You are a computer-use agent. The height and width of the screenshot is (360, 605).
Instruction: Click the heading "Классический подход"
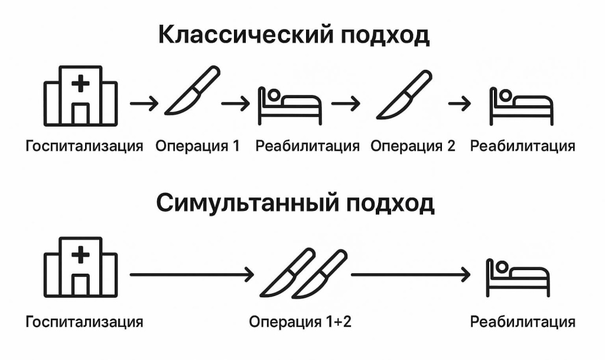click(294, 35)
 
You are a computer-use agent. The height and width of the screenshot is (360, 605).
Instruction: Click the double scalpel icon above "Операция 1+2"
click(303, 273)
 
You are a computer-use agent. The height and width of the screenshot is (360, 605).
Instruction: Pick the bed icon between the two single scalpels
click(290, 106)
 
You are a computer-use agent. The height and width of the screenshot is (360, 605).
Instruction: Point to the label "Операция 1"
click(197, 146)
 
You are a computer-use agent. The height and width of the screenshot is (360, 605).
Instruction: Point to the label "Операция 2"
click(413, 146)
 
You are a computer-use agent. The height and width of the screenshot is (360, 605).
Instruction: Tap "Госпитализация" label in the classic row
click(84, 146)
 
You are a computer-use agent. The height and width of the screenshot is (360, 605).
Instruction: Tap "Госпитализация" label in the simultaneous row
click(84, 322)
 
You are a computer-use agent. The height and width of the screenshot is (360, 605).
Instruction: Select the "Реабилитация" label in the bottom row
click(522, 322)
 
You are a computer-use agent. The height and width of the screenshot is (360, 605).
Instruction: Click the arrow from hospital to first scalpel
click(144, 105)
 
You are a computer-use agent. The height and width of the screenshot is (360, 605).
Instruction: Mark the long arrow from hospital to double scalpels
click(191, 274)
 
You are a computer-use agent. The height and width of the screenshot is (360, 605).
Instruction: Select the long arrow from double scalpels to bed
click(411, 274)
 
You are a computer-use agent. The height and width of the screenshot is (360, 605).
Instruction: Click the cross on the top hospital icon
click(81, 84)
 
